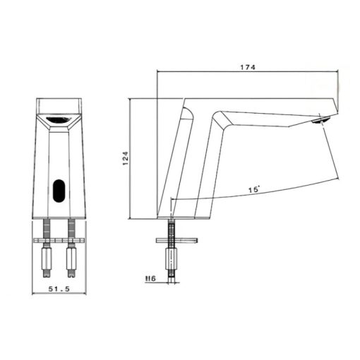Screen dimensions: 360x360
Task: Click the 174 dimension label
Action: [x=248, y=67]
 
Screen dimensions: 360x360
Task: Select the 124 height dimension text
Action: [x=126, y=158]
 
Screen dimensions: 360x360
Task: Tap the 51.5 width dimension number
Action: [x=59, y=289]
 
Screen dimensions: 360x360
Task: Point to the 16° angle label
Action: [x=254, y=189]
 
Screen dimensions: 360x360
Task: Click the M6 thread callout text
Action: [x=150, y=279]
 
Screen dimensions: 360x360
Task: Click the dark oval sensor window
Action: [x=59, y=191]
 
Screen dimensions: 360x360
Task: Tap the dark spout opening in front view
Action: [x=59, y=120]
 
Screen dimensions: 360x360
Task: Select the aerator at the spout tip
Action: [x=321, y=121]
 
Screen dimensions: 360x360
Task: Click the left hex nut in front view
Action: [x=47, y=258]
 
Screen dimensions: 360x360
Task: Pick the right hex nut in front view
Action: [x=72, y=258]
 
